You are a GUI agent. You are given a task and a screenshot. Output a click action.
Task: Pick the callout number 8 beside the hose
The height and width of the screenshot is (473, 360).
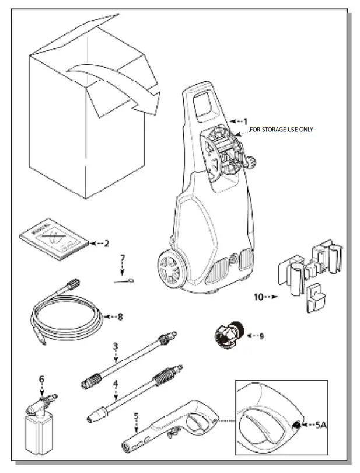(x=120, y=317)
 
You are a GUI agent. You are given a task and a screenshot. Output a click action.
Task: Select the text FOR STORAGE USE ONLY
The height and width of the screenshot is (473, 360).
(x=281, y=130)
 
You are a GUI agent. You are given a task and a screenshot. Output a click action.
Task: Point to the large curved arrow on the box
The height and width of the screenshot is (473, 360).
(x=117, y=85)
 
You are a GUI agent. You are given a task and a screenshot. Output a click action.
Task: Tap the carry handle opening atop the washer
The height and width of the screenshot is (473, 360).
(x=204, y=103)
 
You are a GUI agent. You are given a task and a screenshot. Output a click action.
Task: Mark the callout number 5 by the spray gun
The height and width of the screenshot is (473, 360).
(x=137, y=417)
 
